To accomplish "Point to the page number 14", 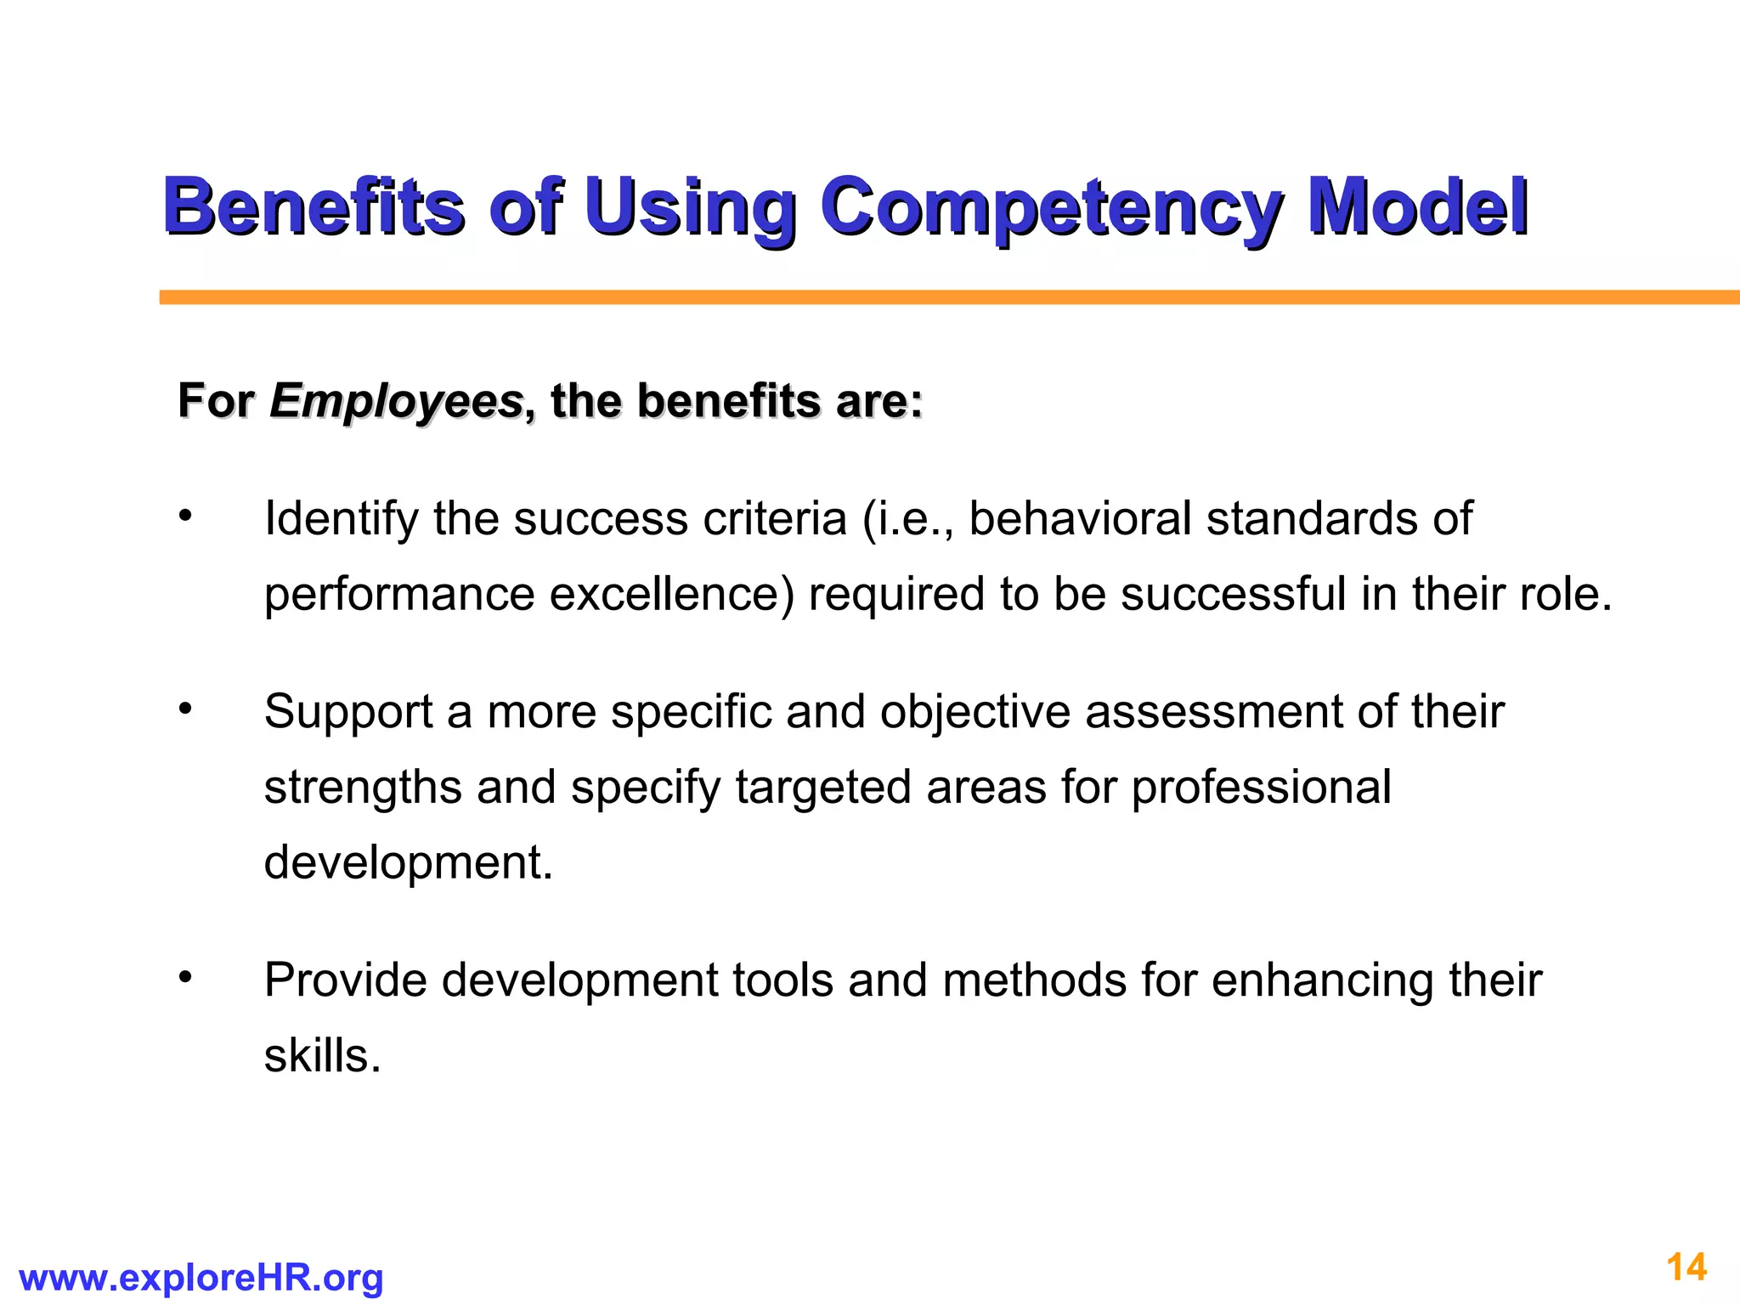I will tap(1686, 1268).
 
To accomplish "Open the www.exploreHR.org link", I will tap(201, 1278).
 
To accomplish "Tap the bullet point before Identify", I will tap(186, 515).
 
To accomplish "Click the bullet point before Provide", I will tap(186, 977).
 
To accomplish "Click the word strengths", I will tap(363, 788).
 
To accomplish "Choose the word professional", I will tap(1261, 788).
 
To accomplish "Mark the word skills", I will tap(322, 1056).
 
